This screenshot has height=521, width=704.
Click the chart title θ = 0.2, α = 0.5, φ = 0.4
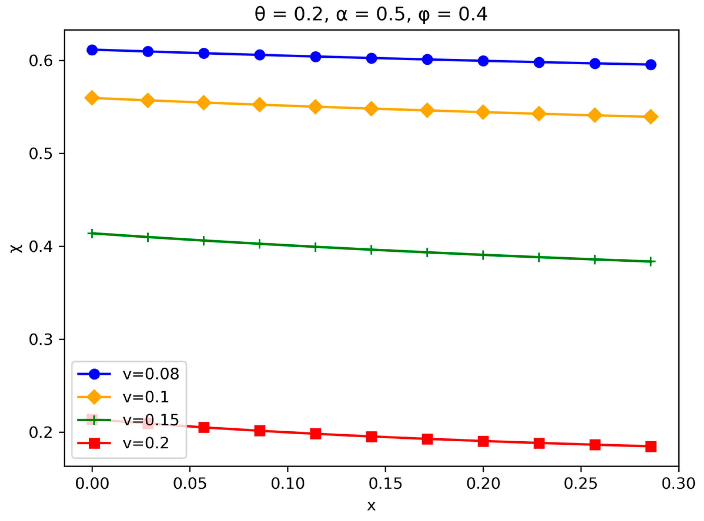point(371,14)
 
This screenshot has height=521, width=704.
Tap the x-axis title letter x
point(371,506)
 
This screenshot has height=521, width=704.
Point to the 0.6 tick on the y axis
point(41,61)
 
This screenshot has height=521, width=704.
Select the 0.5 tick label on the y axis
point(41,153)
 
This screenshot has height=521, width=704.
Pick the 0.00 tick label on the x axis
point(92,483)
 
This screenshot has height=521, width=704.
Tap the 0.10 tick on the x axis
point(288,483)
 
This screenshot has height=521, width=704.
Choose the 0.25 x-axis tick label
point(581,483)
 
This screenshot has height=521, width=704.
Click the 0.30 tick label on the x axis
point(678,483)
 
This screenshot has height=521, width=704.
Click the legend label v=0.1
point(146,397)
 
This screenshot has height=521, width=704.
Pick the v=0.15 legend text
point(151,420)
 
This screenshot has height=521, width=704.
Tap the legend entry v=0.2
point(146,443)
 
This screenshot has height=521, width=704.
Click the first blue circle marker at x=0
point(92,50)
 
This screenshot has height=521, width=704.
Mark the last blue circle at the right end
point(651,65)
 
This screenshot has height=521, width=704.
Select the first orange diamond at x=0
point(92,98)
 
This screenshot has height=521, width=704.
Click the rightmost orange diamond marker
point(651,117)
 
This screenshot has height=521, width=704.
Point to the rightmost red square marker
point(651,446)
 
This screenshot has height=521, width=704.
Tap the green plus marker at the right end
point(651,261)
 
